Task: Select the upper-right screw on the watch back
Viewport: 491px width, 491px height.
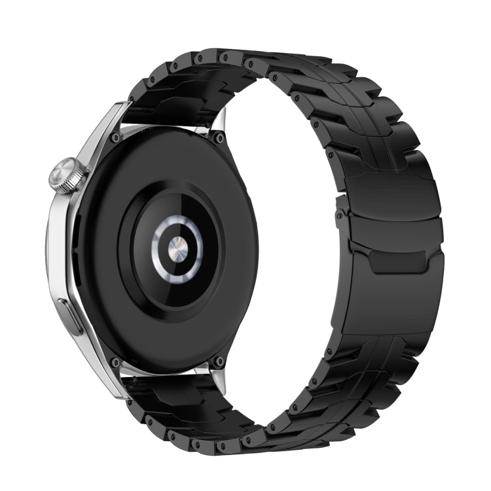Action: pos(218,138)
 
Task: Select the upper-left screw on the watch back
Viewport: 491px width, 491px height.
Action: pos(116,138)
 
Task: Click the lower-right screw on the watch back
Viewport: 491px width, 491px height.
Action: pos(219,361)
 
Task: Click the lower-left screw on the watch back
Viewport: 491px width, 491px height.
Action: pos(116,362)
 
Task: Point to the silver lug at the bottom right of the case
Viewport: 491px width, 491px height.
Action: pos(217,380)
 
